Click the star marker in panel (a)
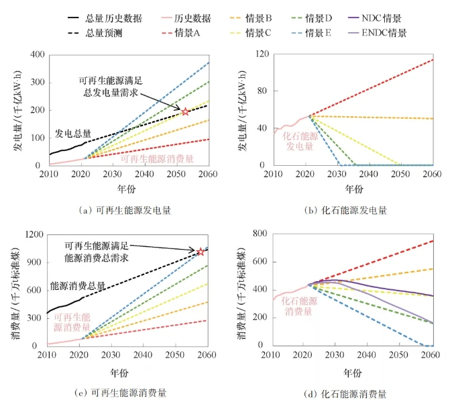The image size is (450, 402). [185, 111]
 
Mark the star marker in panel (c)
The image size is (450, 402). [201, 252]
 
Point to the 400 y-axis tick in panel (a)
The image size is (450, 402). [38, 54]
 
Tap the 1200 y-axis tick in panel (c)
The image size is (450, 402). [36, 234]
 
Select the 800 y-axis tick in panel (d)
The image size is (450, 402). [260, 234]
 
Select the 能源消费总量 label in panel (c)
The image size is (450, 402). [78, 286]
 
